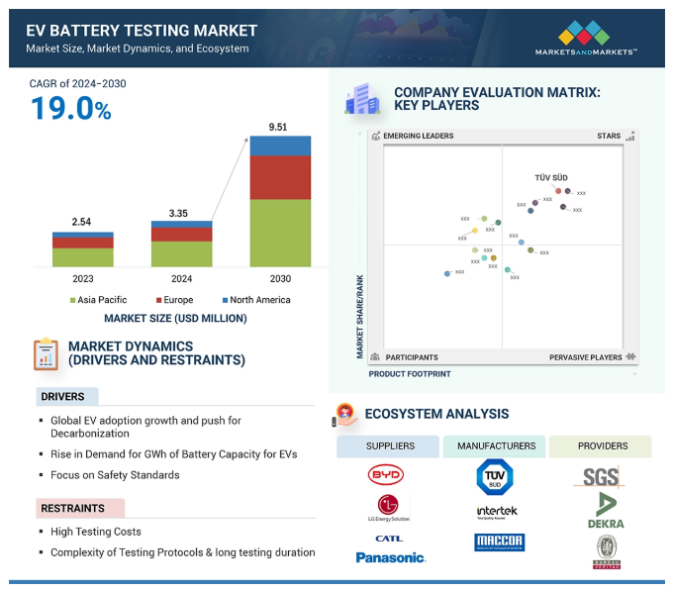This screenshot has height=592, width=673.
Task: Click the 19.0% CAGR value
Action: click(70, 109)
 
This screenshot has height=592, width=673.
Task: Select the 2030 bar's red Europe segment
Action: click(280, 178)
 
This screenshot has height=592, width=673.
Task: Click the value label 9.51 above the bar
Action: click(280, 127)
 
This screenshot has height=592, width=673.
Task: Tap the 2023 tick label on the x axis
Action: click(82, 279)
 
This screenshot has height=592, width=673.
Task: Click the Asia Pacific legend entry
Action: click(99, 300)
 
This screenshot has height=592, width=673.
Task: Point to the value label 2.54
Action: click(81, 222)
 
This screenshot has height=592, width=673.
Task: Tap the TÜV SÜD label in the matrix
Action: click(551, 178)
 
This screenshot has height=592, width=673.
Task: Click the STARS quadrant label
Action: click(609, 136)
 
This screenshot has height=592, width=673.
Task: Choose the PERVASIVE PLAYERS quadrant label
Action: click(586, 357)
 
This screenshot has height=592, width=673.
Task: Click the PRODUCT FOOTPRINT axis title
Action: click(410, 374)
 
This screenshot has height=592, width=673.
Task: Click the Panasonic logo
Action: click(390, 558)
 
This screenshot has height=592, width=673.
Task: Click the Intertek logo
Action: click(497, 512)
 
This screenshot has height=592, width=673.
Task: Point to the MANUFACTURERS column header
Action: click(495, 446)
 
